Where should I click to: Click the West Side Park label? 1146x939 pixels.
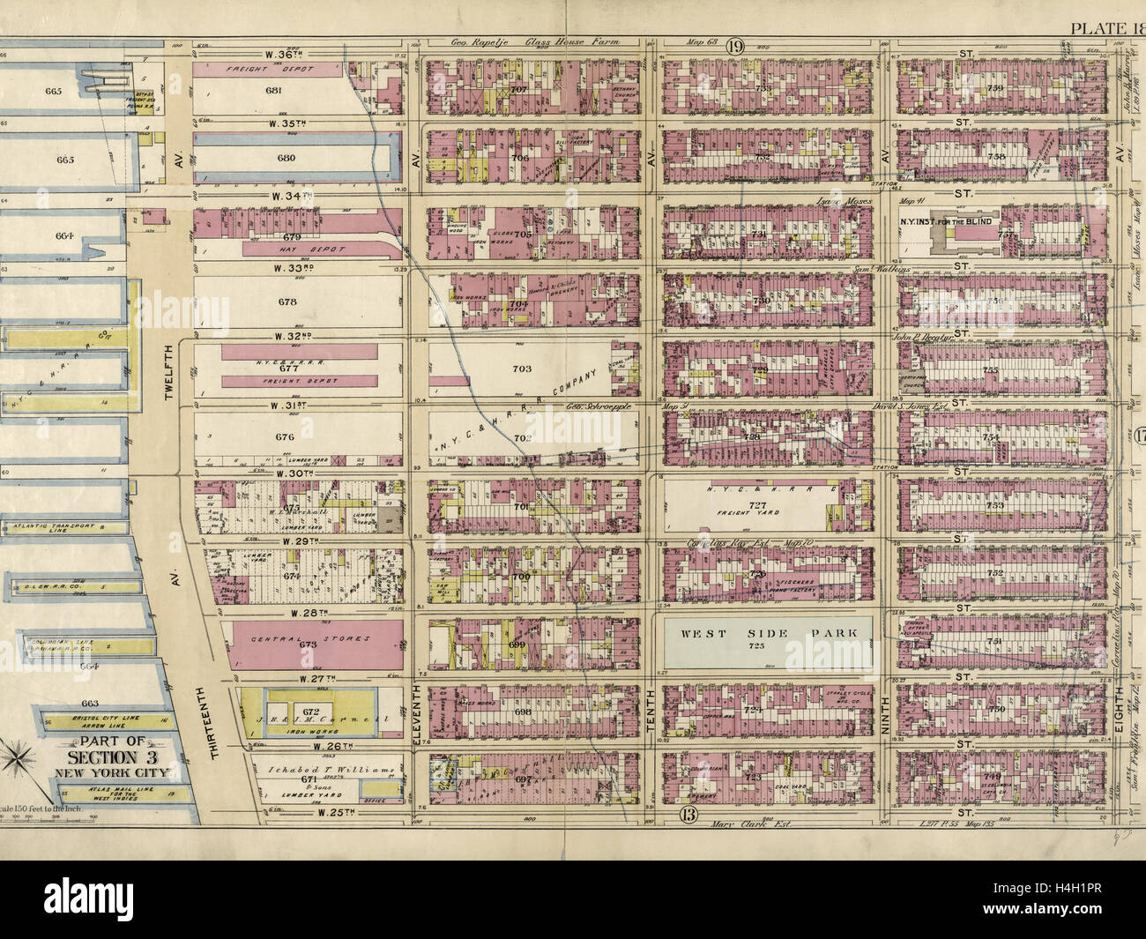point(764,633)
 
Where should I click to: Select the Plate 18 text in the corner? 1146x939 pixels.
point(1105,26)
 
